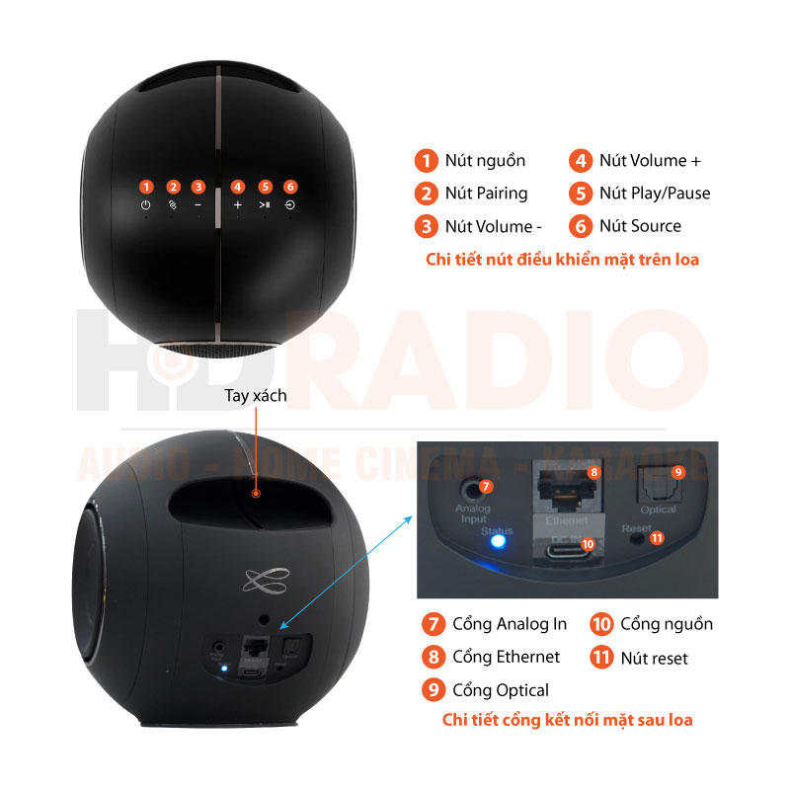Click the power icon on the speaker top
146,205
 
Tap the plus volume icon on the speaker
237,205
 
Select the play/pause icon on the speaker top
265,205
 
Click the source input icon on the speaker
290,205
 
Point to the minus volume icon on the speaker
198,205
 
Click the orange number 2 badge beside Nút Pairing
426,194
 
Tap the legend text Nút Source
640,226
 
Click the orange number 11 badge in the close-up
658,538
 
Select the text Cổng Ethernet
506,657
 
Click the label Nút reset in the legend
654,657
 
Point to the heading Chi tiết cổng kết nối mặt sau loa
567,719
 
